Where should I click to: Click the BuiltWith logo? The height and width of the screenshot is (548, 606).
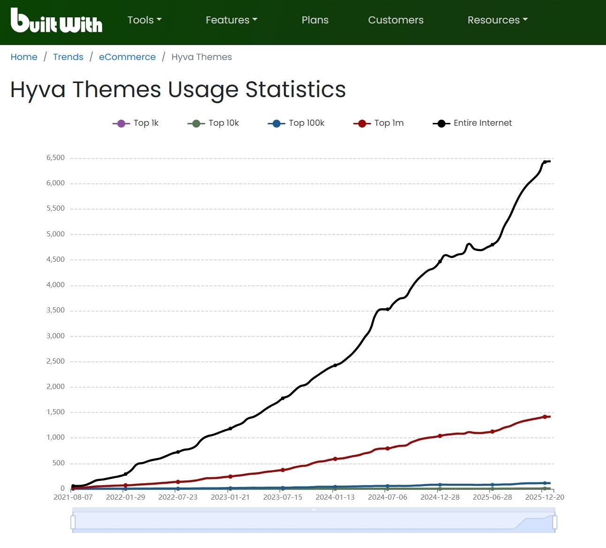[56, 21]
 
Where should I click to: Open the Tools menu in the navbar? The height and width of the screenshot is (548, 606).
[144, 20]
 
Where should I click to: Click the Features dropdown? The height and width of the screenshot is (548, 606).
[231, 20]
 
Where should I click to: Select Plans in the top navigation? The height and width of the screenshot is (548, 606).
[315, 20]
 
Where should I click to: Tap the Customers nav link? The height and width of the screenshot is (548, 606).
[396, 20]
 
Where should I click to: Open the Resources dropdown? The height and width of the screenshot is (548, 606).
[498, 20]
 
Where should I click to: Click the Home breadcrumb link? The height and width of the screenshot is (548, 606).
[24, 57]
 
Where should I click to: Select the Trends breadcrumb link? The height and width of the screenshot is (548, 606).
[68, 57]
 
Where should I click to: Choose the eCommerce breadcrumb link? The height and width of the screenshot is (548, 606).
[127, 57]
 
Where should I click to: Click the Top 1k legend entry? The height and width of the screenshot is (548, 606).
[136, 123]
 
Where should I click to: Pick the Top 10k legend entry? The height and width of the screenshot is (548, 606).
[214, 123]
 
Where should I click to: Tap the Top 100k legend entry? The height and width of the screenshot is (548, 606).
[296, 123]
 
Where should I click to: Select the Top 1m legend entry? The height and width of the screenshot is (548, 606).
[379, 123]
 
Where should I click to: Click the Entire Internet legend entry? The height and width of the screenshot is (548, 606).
[472, 123]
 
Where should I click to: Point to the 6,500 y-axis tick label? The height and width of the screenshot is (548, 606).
[55, 158]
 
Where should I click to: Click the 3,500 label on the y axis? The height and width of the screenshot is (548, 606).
[55, 311]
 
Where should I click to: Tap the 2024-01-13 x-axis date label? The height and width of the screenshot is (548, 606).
[335, 497]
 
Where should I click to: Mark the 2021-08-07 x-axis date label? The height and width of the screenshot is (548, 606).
[73, 497]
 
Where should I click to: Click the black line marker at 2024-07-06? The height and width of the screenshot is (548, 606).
[388, 309]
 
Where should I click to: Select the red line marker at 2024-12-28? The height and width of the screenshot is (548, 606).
[440, 436]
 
